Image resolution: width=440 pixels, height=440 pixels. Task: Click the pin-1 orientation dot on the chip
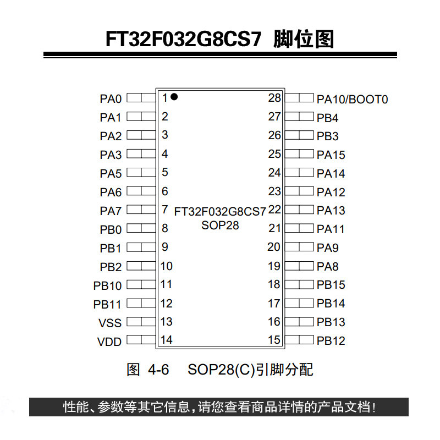coord(174,97)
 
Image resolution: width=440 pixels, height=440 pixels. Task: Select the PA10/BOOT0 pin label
coord(352,99)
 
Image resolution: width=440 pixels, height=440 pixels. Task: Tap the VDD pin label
coord(109,342)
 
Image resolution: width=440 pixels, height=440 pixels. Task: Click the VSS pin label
coord(110,323)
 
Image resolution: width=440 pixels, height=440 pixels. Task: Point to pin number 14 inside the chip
coord(166,340)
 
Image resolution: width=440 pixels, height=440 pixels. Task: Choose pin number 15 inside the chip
coord(274,340)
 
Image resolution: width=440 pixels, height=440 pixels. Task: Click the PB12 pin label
coord(331,341)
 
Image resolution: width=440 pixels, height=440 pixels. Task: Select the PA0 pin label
coord(110,99)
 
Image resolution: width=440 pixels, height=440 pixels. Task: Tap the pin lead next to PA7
coord(141,210)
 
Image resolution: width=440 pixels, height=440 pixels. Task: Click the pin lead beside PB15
coord(299,284)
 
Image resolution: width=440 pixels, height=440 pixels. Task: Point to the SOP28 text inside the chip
coord(220,224)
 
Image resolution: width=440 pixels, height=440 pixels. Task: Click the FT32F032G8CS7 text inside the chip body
coord(220,211)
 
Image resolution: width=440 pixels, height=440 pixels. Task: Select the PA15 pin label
coord(331,155)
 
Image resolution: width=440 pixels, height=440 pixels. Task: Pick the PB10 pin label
coord(107,286)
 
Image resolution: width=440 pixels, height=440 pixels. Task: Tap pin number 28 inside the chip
coord(274,98)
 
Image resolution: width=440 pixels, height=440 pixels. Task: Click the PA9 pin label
coord(328,248)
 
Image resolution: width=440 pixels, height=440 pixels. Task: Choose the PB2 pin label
coord(111,267)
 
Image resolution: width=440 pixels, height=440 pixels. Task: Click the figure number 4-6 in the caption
coord(158,370)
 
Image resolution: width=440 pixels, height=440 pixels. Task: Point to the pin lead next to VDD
coord(141,340)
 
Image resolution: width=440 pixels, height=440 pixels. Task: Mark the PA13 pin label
coord(331,211)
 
